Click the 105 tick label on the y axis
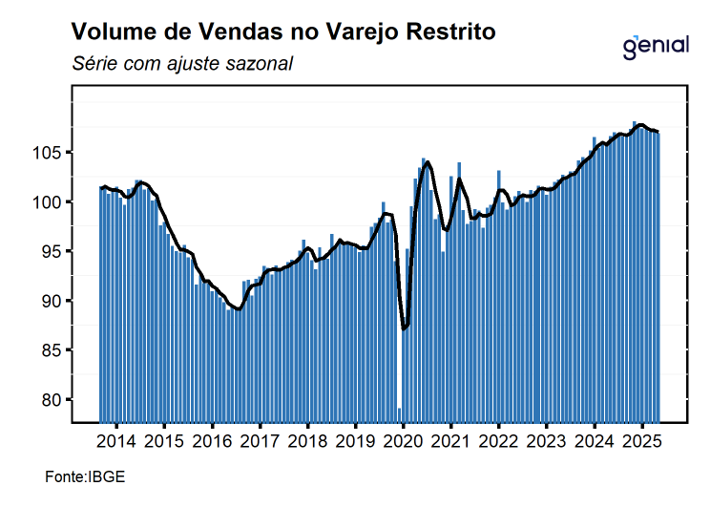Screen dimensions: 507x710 52,153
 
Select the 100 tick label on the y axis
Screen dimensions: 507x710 52,202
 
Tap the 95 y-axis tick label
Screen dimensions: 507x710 55,251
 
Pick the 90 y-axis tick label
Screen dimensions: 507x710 55,301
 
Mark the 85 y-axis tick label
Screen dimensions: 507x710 55,350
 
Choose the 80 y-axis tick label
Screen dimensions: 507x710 55,400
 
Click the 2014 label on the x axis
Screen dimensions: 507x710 115,442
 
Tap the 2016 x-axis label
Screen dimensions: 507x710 211,442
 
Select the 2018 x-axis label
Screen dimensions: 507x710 306,442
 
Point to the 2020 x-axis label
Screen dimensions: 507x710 402,442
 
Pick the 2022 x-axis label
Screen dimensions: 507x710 498,442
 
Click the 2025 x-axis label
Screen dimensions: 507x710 641,442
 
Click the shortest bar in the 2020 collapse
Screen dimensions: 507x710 399,414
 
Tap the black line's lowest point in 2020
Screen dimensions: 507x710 404,328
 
